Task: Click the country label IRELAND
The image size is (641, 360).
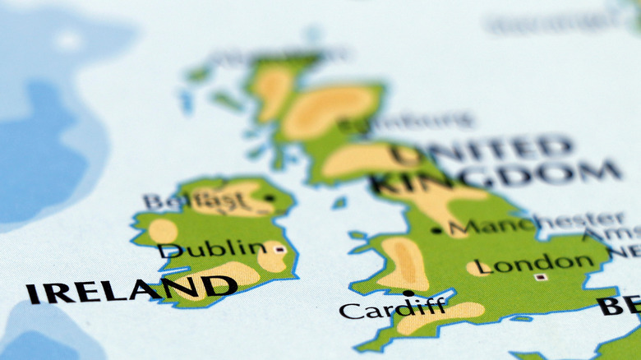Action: click(x=131, y=289)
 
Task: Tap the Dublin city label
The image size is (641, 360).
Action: click(x=212, y=249)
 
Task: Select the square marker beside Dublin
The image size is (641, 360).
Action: click(x=279, y=248)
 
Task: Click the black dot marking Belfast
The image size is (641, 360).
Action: click(x=269, y=198)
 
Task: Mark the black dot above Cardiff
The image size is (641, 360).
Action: click(x=408, y=293)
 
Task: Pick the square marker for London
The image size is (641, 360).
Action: click(x=540, y=277)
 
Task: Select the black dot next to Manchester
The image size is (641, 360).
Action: click(x=436, y=231)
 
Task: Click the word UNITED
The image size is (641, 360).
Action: click(x=482, y=150)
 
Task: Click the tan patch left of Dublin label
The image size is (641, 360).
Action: click(x=163, y=231)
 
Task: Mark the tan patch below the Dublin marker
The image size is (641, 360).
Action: click(x=272, y=260)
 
